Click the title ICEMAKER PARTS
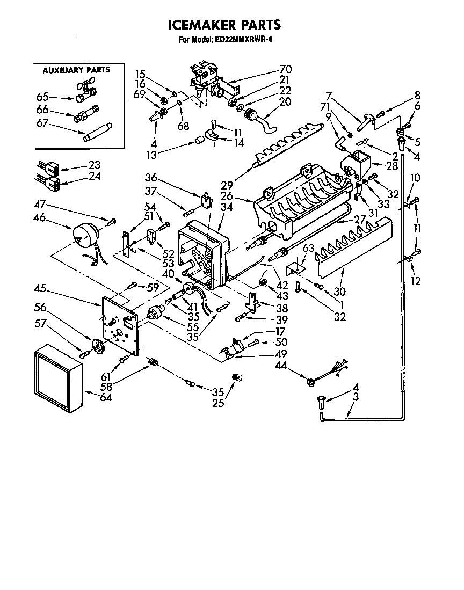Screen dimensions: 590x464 pos(224,25)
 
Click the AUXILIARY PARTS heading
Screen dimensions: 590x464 pos(76,70)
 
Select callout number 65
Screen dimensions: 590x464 pos(42,97)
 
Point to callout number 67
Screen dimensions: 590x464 pos(42,123)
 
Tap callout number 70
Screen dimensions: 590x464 pos(285,69)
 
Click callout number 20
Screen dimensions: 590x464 pos(285,101)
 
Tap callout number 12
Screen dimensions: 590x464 pos(416,281)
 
